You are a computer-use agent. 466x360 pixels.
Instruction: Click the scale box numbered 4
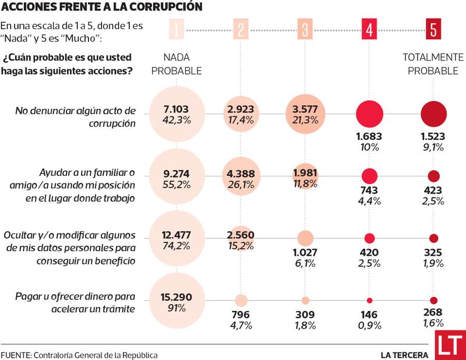click(368, 29)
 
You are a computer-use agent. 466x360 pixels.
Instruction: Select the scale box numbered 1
click(176, 29)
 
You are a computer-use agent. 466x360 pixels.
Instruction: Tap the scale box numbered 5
click(433, 29)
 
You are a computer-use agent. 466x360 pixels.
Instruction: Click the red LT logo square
click(450, 345)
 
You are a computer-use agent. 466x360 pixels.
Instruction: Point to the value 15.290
click(176, 297)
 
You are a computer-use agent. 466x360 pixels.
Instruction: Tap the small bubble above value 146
click(369, 301)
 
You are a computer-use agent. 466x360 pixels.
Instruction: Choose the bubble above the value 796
click(241, 301)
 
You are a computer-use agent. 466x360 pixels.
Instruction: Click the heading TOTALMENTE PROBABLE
click(433, 64)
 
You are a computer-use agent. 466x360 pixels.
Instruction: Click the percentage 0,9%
click(369, 324)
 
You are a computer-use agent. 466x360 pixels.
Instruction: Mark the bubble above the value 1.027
click(305, 238)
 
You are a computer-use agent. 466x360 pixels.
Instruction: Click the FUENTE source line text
click(79, 355)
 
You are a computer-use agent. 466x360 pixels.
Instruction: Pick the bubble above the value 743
click(369, 176)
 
